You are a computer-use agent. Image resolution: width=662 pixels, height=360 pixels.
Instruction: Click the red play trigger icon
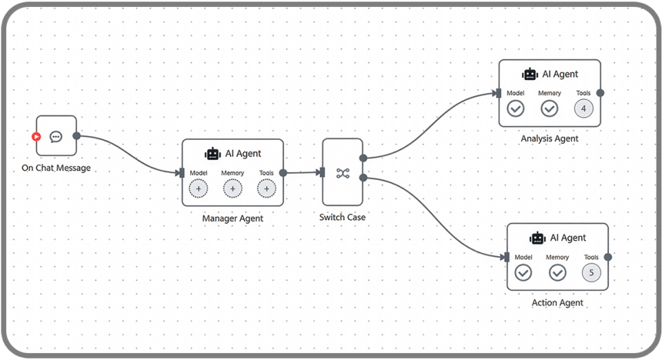[x=37, y=137]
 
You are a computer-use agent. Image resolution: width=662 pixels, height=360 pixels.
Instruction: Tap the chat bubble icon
[x=56, y=137]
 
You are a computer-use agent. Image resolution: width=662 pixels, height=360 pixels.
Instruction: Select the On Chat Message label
[x=56, y=168]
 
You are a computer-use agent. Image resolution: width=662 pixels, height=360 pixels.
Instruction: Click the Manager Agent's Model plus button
[x=199, y=189]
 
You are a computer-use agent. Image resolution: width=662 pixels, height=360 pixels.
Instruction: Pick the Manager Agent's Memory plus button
[x=232, y=189]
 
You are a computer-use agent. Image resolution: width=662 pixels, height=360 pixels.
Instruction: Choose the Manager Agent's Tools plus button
[x=266, y=189]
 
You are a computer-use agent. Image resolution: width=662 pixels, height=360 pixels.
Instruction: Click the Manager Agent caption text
[x=232, y=218]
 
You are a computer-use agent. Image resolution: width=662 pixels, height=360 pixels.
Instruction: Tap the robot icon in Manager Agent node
[x=213, y=154]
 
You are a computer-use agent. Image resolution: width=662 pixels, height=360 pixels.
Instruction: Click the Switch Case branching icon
[x=343, y=173]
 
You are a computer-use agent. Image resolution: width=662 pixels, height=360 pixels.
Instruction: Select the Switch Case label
[x=343, y=217]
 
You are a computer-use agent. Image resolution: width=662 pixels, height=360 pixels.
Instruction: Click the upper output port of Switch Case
[x=363, y=158]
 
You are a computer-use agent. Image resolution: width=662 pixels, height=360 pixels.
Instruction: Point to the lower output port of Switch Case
[x=363, y=178]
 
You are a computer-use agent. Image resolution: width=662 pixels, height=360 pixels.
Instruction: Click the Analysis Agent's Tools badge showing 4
[x=583, y=109]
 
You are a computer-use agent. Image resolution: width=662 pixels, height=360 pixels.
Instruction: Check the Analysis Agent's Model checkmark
[x=516, y=109]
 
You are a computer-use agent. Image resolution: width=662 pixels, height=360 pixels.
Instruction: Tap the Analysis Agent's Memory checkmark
[x=550, y=109]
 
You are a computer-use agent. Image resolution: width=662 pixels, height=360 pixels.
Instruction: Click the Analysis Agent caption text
[x=550, y=139]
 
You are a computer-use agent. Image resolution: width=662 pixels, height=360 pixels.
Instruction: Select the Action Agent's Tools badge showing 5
[x=592, y=272]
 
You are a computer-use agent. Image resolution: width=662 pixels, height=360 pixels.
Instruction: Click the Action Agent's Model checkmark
[x=523, y=272]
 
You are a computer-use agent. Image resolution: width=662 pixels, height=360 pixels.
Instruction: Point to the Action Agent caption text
[x=557, y=303]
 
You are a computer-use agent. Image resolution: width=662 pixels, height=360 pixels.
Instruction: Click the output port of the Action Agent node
[x=608, y=257]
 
